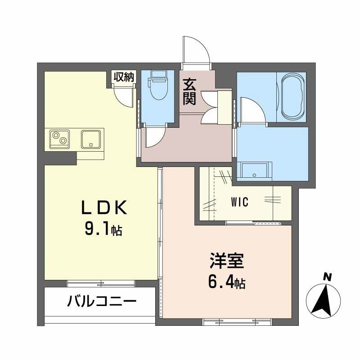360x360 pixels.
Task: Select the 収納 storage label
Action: [123, 77]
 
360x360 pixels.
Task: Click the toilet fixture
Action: [157, 86]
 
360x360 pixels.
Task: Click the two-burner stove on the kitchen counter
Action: [60, 138]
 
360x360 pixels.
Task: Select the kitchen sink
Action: [92, 139]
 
